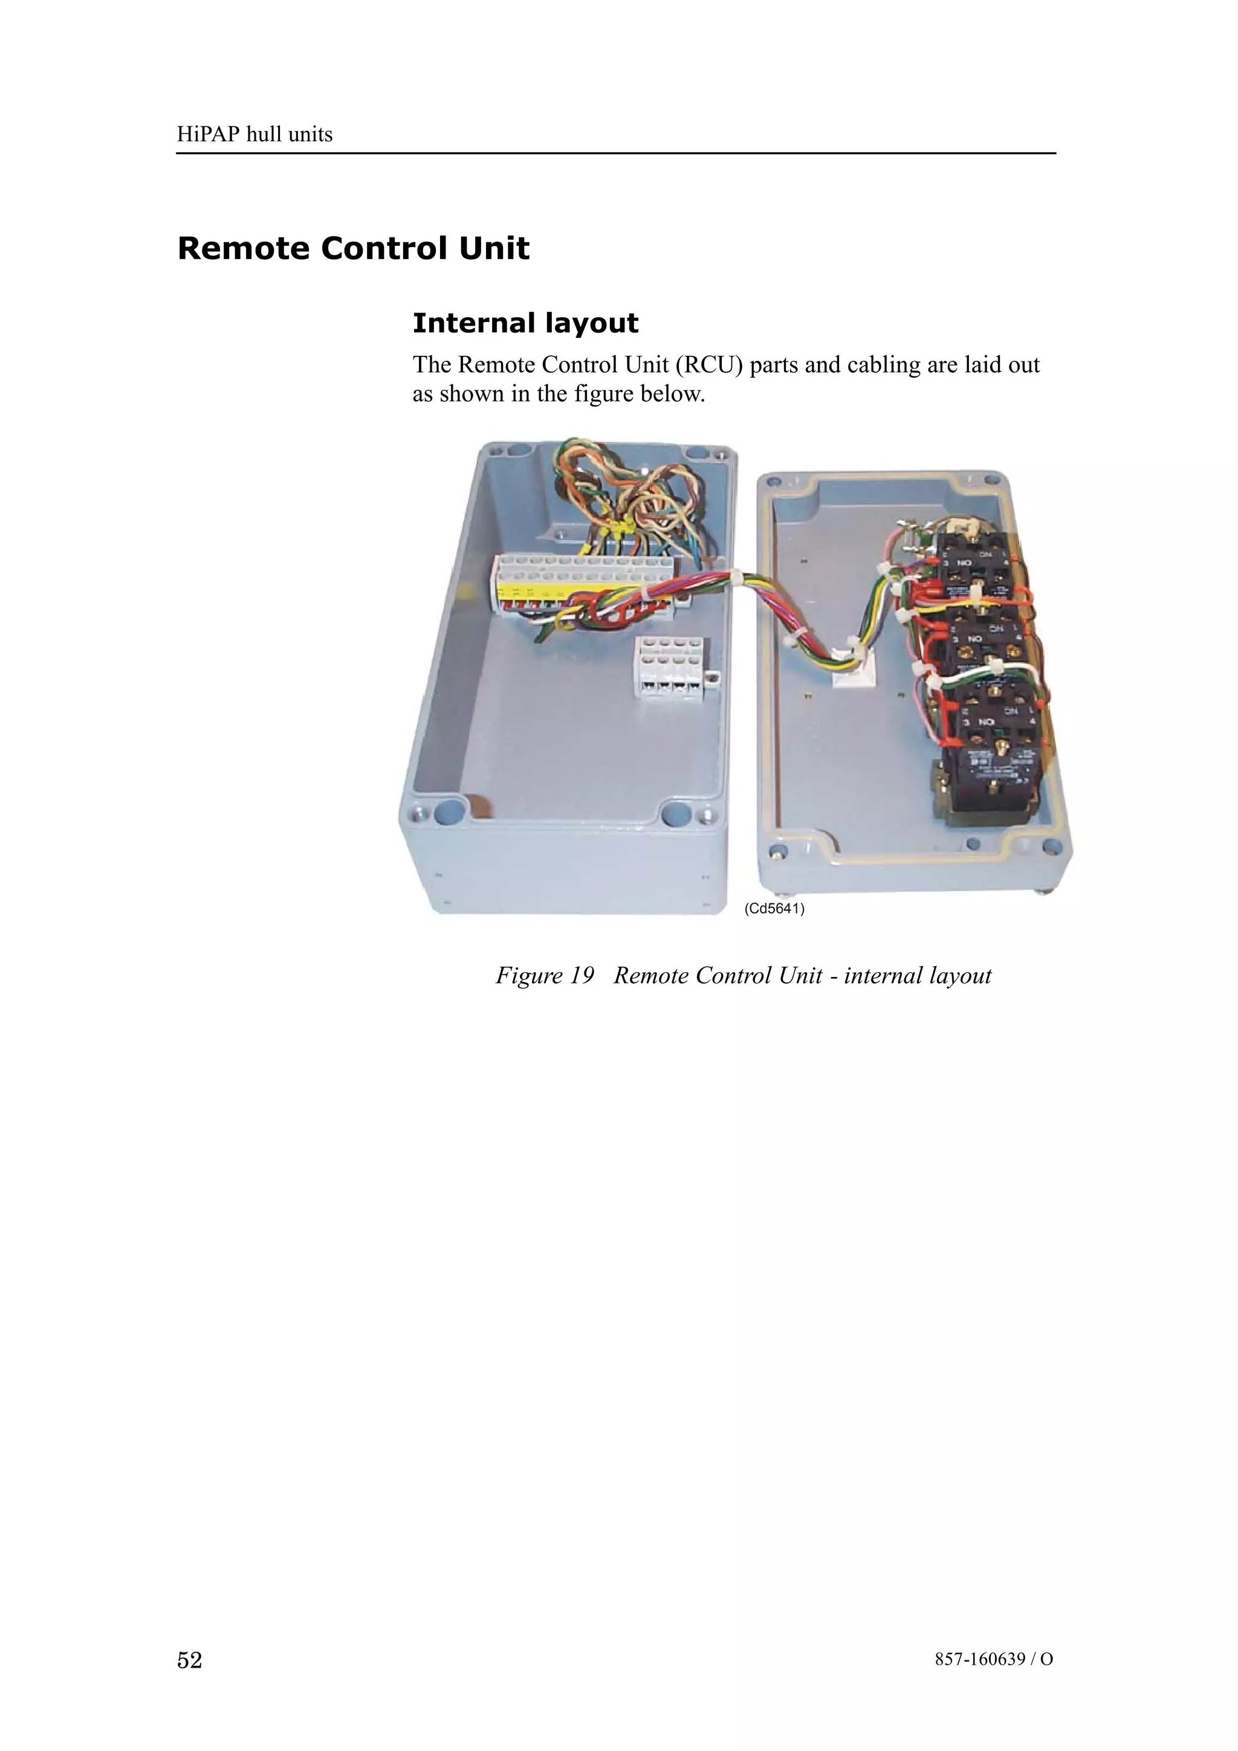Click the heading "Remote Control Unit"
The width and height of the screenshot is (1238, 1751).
(x=353, y=248)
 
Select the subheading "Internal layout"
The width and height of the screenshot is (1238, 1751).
(x=525, y=323)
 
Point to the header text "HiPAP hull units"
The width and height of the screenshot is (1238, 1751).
(x=254, y=135)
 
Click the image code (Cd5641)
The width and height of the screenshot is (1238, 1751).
(x=774, y=908)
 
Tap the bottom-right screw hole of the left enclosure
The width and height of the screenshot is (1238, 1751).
(x=676, y=814)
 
